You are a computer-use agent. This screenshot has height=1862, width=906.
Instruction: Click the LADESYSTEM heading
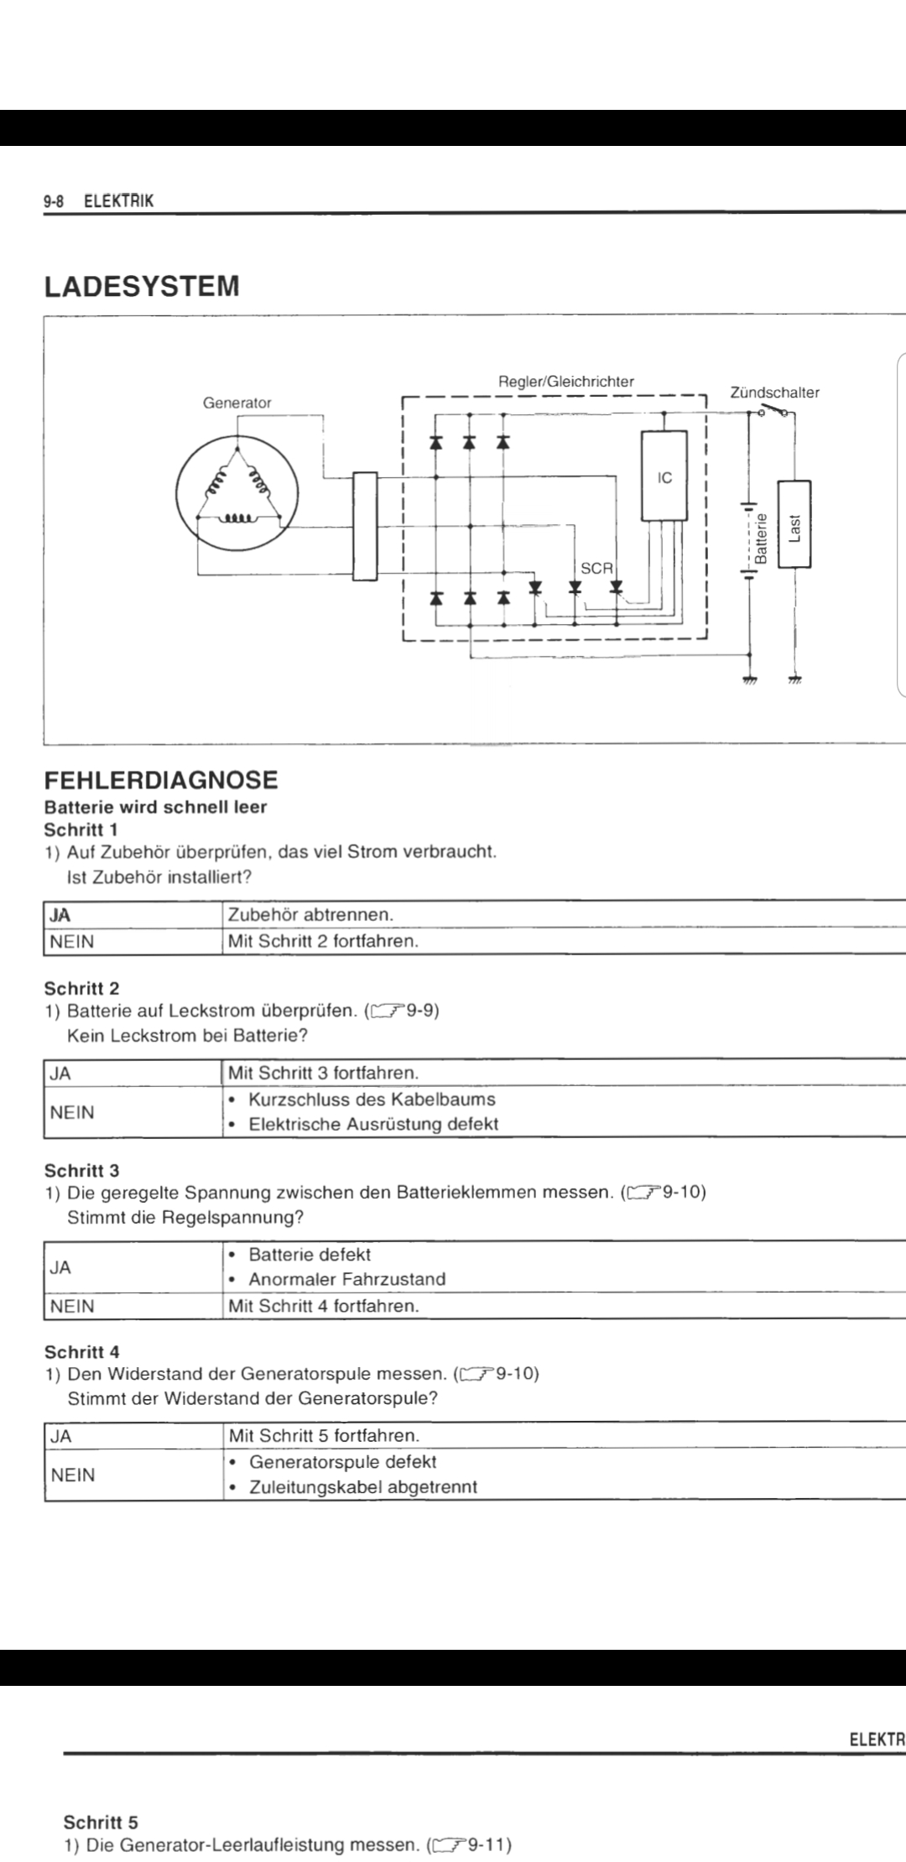tap(141, 286)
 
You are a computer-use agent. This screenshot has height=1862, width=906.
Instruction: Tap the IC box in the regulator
tap(664, 477)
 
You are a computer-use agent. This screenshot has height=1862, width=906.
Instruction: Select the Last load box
tap(794, 524)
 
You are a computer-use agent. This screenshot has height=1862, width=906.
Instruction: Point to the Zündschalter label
tap(774, 393)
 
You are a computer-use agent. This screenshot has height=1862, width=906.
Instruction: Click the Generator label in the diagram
tap(237, 403)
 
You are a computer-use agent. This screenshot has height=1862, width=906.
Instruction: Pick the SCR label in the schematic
tap(596, 568)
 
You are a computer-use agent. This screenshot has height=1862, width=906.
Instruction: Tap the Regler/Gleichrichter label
tap(566, 382)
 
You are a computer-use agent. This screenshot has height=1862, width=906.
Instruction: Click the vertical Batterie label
tap(761, 538)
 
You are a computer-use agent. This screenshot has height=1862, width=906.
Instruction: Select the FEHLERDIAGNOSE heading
tap(160, 780)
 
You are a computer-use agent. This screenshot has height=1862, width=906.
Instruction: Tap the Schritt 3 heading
tap(81, 1170)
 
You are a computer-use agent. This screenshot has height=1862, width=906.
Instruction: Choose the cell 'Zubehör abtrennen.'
tap(310, 914)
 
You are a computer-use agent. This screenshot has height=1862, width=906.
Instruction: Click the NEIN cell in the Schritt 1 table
tap(72, 941)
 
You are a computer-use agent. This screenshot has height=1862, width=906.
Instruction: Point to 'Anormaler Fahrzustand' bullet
tap(346, 1279)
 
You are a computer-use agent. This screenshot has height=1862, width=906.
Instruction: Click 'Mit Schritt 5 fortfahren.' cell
tap(323, 1435)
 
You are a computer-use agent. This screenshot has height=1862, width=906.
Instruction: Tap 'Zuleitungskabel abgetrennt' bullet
tap(363, 1487)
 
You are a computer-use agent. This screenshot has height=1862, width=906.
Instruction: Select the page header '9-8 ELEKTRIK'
tap(99, 200)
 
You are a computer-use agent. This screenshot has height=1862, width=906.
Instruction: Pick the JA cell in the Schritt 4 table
tap(61, 1435)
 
